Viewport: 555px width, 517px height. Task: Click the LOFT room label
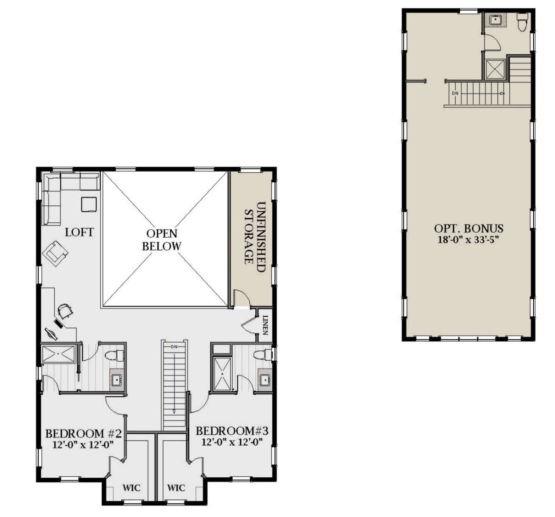(x=79, y=232)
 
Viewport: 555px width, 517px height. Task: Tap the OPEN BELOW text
(x=161, y=240)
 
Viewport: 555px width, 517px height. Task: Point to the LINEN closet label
(x=265, y=325)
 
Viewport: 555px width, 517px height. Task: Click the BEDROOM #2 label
(x=83, y=434)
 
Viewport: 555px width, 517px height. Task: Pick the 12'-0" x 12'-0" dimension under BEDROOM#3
(x=232, y=442)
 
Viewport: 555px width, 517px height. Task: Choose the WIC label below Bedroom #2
(x=131, y=488)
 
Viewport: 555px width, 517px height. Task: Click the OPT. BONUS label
(x=469, y=228)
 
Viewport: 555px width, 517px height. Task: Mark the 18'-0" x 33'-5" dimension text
(x=469, y=240)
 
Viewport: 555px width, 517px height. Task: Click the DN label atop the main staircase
(x=174, y=346)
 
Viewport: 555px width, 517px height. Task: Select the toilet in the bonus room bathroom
(x=522, y=22)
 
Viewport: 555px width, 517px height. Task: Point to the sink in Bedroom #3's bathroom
(x=265, y=380)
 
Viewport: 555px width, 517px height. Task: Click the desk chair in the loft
(x=64, y=311)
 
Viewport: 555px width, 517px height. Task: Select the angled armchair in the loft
(x=55, y=253)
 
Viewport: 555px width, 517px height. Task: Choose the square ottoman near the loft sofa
(x=89, y=204)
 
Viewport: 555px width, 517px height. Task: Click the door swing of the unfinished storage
(x=241, y=298)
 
